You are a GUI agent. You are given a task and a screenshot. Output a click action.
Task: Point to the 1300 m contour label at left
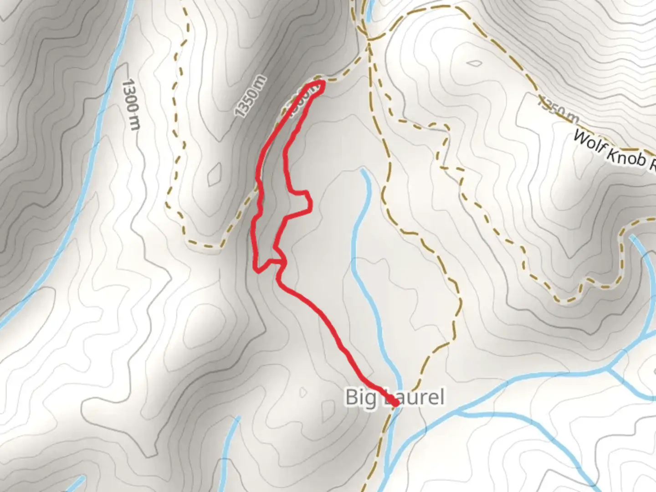coord(131,104)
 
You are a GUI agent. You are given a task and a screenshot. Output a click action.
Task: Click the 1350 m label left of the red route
coord(250,96)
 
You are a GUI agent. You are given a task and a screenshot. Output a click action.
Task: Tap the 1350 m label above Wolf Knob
coord(558,109)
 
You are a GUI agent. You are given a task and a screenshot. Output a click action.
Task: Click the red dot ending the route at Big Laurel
coord(395,403)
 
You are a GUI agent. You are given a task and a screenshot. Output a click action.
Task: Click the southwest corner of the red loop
coord(258,271)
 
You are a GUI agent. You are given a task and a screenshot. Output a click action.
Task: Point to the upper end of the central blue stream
coord(363,171)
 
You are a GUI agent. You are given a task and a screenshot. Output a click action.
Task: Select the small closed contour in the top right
coord(474,63)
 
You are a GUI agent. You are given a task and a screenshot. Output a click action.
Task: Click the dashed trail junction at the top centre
coord(368,39)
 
